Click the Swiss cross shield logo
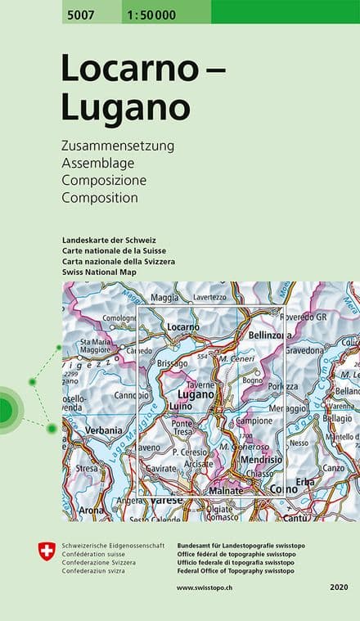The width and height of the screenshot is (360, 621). click(47, 551)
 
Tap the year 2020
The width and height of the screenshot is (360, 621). click(340, 587)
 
